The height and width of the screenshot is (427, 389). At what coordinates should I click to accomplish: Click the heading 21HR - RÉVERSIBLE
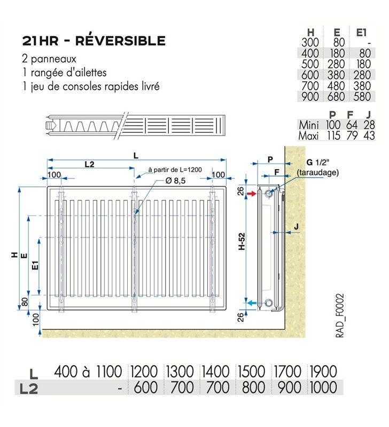pyautogui.click(x=94, y=41)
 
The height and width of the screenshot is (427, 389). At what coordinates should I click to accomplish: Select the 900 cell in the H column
pyautogui.click(x=310, y=97)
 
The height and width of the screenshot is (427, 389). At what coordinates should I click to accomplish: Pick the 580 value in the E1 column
pyautogui.click(x=362, y=97)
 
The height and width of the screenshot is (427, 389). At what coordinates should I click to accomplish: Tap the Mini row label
pyautogui.click(x=309, y=125)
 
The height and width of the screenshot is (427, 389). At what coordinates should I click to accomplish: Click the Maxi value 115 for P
pyautogui.click(x=333, y=136)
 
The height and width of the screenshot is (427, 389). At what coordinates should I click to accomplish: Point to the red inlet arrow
pyautogui.click(x=252, y=194)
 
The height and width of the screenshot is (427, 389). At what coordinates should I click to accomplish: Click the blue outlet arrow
pyautogui.click(x=252, y=303)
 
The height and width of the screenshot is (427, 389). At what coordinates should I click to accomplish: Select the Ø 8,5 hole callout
pyautogui.click(x=175, y=180)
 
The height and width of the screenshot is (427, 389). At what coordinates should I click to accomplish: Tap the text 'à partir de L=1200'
pyautogui.click(x=175, y=170)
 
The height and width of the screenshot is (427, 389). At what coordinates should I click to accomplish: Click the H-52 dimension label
pyautogui.click(x=242, y=241)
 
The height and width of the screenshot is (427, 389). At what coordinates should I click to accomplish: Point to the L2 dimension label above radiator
pyautogui.click(x=89, y=164)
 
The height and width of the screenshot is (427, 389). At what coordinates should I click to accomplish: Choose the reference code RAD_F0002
pyautogui.click(x=340, y=315)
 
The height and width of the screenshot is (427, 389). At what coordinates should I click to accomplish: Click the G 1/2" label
pyautogui.click(x=318, y=162)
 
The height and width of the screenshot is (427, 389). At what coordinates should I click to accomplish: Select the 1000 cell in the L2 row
pyautogui.click(x=324, y=388)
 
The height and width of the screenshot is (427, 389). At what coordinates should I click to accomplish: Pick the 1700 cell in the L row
pyautogui.click(x=287, y=371)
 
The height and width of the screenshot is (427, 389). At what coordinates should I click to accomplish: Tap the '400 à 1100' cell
pyautogui.click(x=88, y=371)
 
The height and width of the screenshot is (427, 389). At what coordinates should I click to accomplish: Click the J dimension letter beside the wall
pyautogui.click(x=297, y=226)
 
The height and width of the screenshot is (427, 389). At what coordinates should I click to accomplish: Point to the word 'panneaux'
pyautogui.click(x=54, y=59)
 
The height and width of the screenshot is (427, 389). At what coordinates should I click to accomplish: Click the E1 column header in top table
pyautogui.click(x=361, y=33)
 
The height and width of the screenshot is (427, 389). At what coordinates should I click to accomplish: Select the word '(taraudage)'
pyautogui.click(x=317, y=172)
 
